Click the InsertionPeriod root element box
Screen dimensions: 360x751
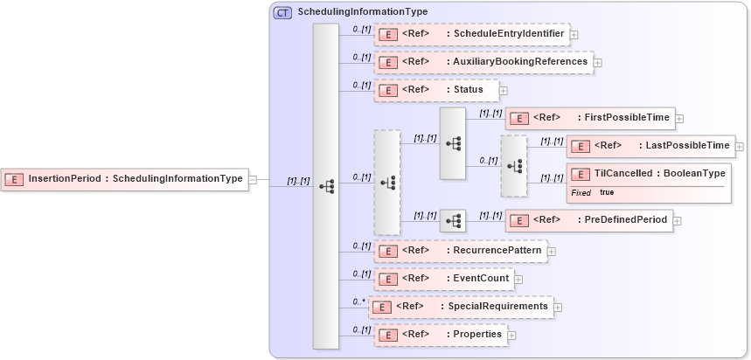point(123,179)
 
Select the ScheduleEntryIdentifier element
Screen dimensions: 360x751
point(472,34)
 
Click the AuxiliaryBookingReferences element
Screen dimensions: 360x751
point(483,62)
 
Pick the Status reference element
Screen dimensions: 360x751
point(436,90)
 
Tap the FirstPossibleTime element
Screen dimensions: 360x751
point(589,118)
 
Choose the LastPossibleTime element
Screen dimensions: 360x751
point(650,146)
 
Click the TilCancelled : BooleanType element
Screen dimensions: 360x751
point(650,174)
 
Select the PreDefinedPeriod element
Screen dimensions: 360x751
point(589,220)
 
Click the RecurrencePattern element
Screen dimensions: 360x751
point(461,252)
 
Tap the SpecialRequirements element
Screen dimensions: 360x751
point(461,307)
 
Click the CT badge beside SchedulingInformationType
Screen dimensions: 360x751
point(283,12)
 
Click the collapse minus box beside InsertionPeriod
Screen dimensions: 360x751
point(253,179)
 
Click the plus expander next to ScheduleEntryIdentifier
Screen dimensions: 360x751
point(574,35)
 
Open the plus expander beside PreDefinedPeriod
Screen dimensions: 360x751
point(678,221)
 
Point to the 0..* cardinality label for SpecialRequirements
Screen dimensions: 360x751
point(358,301)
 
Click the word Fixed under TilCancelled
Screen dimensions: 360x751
point(581,192)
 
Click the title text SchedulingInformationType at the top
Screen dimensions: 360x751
point(363,12)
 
